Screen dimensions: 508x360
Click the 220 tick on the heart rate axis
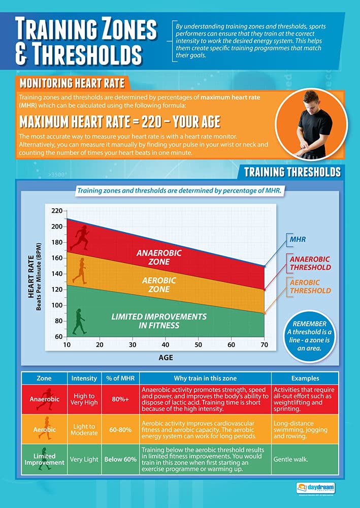click(x=56, y=211)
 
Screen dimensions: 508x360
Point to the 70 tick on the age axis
click(x=264, y=345)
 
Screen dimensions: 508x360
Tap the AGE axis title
click(x=165, y=357)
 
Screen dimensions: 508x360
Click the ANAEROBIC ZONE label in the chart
click(x=158, y=257)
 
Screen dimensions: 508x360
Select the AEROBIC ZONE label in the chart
click(x=158, y=284)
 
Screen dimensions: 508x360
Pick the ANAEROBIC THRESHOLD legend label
click(x=310, y=263)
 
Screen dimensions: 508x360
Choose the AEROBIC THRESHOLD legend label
click(x=310, y=287)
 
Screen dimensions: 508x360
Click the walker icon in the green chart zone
click(x=79, y=321)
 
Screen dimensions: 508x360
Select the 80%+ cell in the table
click(x=120, y=399)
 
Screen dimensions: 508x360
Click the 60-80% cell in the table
click(x=120, y=429)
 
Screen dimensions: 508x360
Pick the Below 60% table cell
click(x=120, y=459)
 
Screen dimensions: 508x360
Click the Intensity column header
click(x=84, y=378)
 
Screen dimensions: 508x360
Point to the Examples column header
click(x=305, y=378)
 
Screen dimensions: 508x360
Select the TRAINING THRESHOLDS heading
click(x=292, y=172)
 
